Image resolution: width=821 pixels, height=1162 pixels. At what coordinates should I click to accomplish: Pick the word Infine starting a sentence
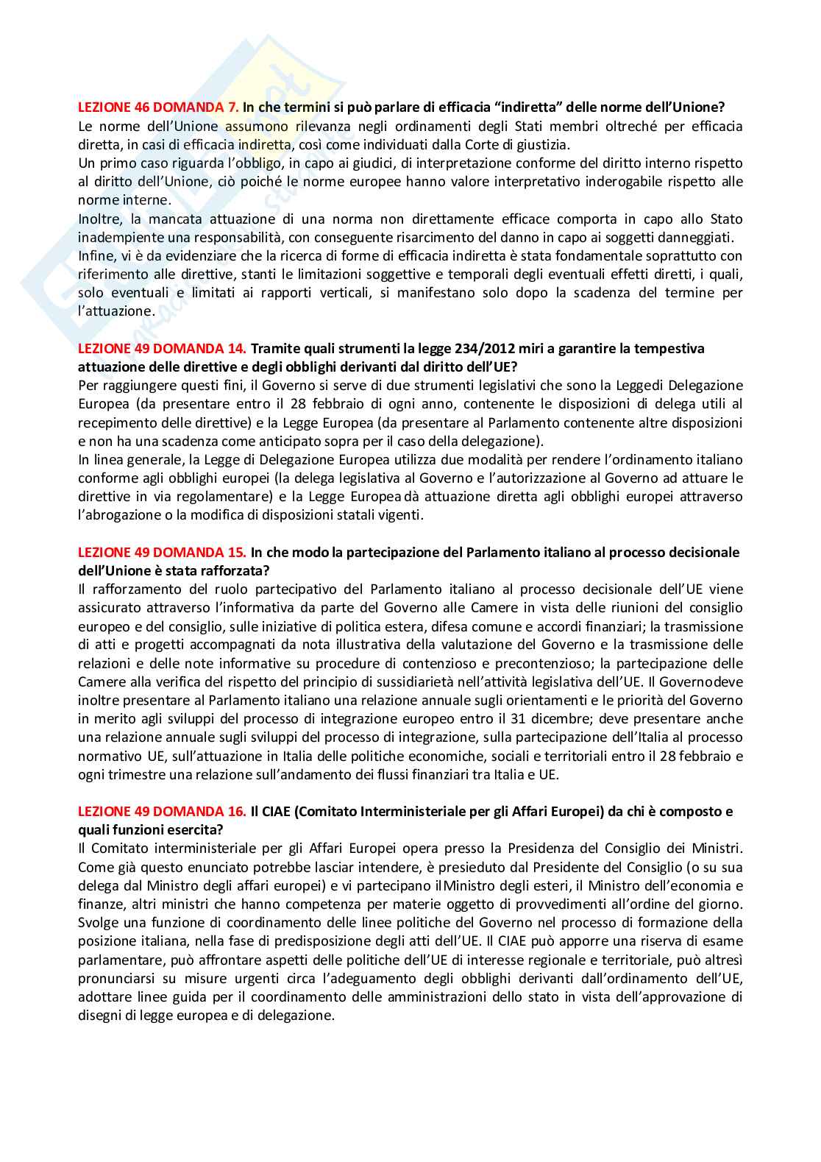coord(94,255)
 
